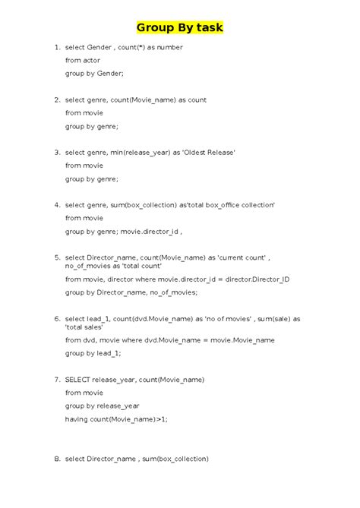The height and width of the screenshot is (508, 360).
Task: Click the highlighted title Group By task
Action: point(180,29)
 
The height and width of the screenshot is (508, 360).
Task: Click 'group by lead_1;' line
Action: point(93,353)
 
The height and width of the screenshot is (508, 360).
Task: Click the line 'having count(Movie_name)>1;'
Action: point(116,418)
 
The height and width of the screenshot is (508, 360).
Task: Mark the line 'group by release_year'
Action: point(102,405)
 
